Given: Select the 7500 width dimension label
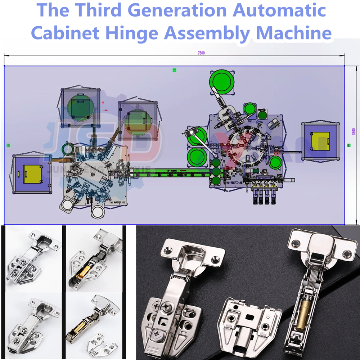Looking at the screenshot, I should click(x=201, y=53).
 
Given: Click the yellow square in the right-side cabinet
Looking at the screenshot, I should click(x=320, y=141).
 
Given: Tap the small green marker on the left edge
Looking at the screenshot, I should click(x=8, y=145).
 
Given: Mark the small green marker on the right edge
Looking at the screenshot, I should click(x=348, y=145).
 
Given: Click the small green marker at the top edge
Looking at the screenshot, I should click(x=174, y=70).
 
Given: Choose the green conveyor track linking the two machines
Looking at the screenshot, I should click(x=169, y=174).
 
